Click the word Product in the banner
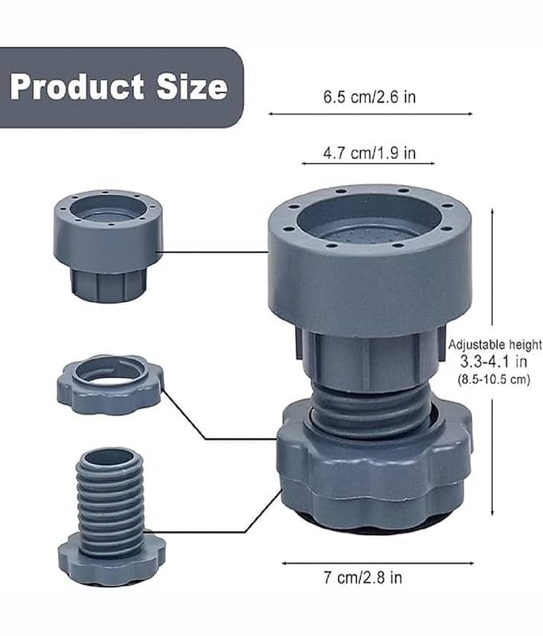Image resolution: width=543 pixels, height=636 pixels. tap(77, 87)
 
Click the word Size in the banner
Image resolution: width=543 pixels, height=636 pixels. tap(192, 87)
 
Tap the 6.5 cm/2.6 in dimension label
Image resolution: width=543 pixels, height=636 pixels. tap(370, 97)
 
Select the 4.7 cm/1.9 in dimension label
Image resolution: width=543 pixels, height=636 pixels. tap(370, 153)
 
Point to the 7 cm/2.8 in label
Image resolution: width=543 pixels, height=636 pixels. tap(363, 577)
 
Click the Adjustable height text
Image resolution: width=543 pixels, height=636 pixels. tap(495, 345)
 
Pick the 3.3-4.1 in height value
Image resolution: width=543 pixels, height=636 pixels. tap(494, 361)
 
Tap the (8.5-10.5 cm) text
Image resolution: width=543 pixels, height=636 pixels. tap(494, 380)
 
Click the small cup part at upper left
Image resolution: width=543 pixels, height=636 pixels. tap(108, 246)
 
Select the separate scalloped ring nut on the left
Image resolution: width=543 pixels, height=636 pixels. tap(111, 385)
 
